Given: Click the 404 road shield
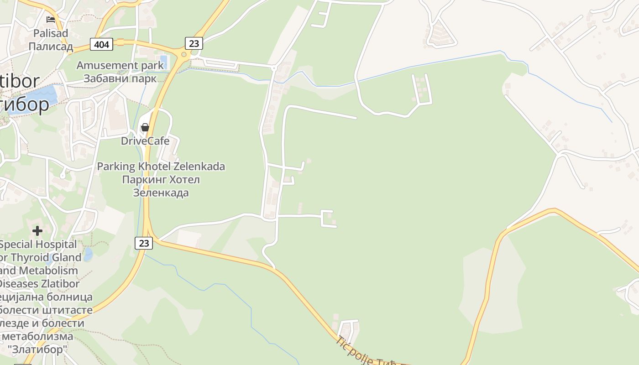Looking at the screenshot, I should [x=102, y=44].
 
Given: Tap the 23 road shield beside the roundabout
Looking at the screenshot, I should [x=194, y=43].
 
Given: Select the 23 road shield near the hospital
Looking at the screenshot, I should [x=144, y=243].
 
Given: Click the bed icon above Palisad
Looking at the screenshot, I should [x=51, y=20].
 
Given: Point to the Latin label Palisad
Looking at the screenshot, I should [x=51, y=33].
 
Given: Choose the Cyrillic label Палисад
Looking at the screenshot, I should [x=51, y=47].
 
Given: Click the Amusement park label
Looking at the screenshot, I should [x=120, y=65].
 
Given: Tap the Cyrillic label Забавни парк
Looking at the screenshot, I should [x=120, y=78].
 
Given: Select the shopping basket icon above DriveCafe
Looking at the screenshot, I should [x=145, y=127].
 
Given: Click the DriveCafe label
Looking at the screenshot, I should [x=145, y=141].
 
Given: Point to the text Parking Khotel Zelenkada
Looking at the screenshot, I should [x=161, y=167].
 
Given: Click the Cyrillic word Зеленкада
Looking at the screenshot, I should [x=161, y=193].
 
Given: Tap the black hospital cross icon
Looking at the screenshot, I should [x=37, y=231].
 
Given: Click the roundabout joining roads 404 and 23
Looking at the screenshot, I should [x=184, y=55].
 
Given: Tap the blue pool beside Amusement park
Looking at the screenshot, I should [x=164, y=62].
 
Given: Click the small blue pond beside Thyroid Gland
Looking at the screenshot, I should [x=88, y=254].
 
